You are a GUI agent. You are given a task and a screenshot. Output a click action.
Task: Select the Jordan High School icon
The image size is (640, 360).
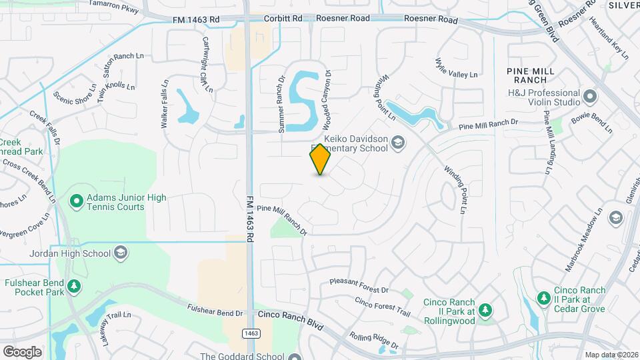coord(121,253)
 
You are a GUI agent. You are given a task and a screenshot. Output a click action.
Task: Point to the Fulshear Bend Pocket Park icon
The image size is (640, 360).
coord(75,286)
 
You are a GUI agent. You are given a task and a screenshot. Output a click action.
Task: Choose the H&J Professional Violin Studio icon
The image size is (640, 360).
coord(589,97)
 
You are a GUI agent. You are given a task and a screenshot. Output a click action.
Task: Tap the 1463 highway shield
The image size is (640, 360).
coord(251,333)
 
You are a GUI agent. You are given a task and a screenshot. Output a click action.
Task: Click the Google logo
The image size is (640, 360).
coord(22,352)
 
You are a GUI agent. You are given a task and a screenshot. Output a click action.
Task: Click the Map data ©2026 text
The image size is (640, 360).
coord(611,355)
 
